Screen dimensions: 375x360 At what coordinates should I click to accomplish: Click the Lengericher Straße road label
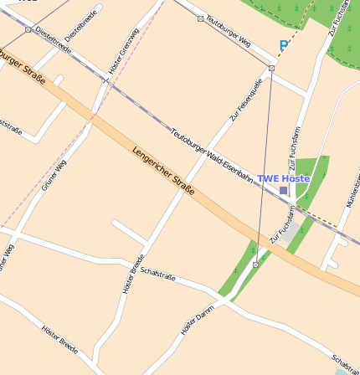pyautogui.click(x=163, y=172)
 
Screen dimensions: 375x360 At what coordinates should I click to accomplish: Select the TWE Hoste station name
pyautogui.click(x=283, y=178)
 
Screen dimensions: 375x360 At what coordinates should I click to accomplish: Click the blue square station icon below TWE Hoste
pyautogui.click(x=283, y=191)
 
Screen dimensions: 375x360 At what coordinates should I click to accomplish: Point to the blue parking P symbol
pyautogui.click(x=284, y=45)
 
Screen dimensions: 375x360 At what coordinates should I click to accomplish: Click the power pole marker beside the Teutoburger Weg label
pyautogui.click(x=200, y=18)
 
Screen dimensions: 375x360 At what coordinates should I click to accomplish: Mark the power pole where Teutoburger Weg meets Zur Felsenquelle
pyautogui.click(x=271, y=68)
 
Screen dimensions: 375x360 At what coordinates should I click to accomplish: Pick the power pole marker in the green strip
pyautogui.click(x=255, y=265)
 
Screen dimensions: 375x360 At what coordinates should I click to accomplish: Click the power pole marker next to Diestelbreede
pyautogui.click(x=28, y=29)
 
